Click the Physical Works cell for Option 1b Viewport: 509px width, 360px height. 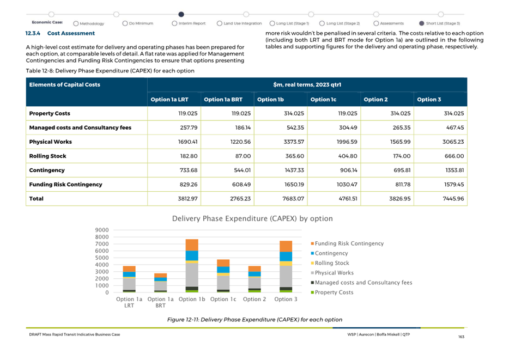[x=293, y=142]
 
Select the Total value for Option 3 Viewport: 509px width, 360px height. [x=453, y=198]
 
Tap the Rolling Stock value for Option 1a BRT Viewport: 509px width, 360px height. [x=243, y=156]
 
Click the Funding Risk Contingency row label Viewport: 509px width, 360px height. [x=65, y=185]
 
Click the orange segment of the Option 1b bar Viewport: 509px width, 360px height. [x=192, y=245]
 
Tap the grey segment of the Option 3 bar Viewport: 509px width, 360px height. [x=286, y=276]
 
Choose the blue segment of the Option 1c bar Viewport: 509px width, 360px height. [x=223, y=270]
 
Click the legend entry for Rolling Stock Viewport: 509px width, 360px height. [x=330, y=263]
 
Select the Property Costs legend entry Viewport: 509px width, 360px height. [x=332, y=292]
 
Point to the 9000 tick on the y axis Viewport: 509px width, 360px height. [x=102, y=230]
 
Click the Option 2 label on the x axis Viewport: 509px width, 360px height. [x=254, y=299]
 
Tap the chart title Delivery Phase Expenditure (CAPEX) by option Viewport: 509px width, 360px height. [x=252, y=218]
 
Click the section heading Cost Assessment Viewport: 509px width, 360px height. [x=71, y=33]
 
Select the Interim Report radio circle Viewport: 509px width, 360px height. [x=174, y=23]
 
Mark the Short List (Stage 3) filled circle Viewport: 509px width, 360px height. [x=422, y=23]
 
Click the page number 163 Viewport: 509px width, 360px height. [x=461, y=337]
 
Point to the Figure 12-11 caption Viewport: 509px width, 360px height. [x=254, y=320]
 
